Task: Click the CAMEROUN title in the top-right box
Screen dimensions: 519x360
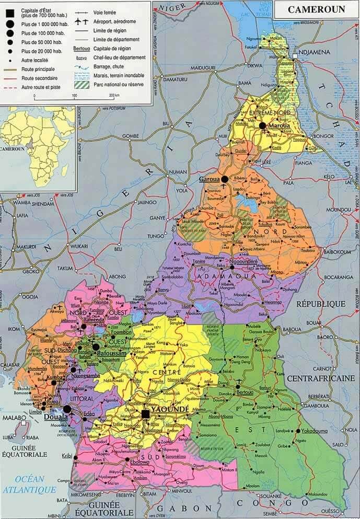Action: click(315, 9)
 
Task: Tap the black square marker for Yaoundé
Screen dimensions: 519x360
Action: click(146, 414)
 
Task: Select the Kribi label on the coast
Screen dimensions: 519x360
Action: click(67, 456)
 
